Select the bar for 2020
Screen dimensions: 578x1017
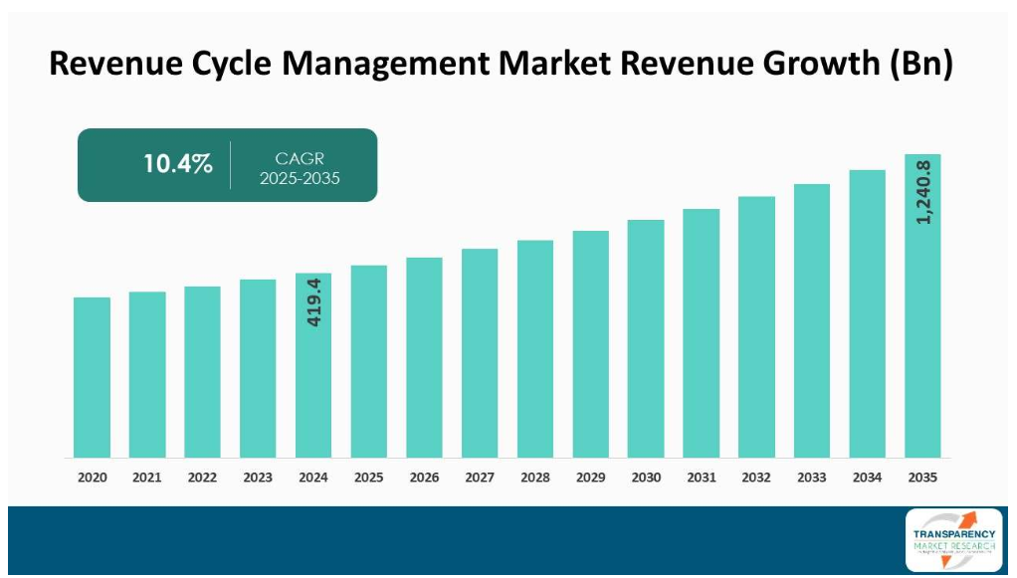point(92,377)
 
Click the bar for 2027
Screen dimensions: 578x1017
point(480,353)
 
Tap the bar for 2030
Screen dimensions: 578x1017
point(646,338)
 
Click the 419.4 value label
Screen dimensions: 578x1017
point(313,303)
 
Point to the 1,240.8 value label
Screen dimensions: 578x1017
point(923,192)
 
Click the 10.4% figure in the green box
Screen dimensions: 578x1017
point(178,165)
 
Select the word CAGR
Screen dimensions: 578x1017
point(300,158)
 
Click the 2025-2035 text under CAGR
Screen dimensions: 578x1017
point(300,179)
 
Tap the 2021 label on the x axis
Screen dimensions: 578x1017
point(147,478)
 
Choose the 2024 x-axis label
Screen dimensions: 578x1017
point(313,478)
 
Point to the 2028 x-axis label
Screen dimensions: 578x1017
point(535,478)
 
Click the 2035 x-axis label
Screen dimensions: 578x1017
point(922,478)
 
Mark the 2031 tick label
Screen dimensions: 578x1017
point(702,478)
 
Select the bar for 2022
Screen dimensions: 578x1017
point(202,372)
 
